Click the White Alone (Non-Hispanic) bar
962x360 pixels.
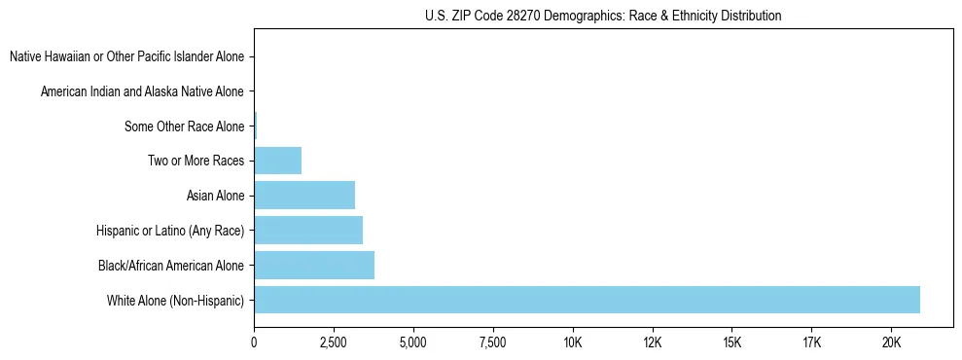coord(587,300)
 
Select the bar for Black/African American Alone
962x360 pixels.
coord(314,265)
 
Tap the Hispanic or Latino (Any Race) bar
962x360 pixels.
coord(308,231)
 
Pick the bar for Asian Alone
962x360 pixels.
coord(304,196)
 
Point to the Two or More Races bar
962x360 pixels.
coord(278,161)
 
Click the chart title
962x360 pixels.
coord(603,16)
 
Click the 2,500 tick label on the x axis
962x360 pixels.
coord(334,343)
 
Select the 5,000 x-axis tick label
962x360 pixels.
coord(413,343)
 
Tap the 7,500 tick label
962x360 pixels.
coord(493,343)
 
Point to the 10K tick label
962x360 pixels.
coord(573,343)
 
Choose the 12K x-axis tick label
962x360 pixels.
coord(653,343)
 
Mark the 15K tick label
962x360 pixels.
coord(732,343)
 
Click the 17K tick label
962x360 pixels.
coord(812,343)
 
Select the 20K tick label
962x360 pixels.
coord(892,343)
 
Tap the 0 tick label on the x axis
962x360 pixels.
coord(254,343)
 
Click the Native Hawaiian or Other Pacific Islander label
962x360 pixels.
coord(127,56)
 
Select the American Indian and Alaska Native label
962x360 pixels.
coord(143,91)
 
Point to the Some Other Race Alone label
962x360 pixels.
coord(185,126)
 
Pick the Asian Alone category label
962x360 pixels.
coord(215,196)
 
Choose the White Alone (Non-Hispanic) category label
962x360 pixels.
coord(176,300)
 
